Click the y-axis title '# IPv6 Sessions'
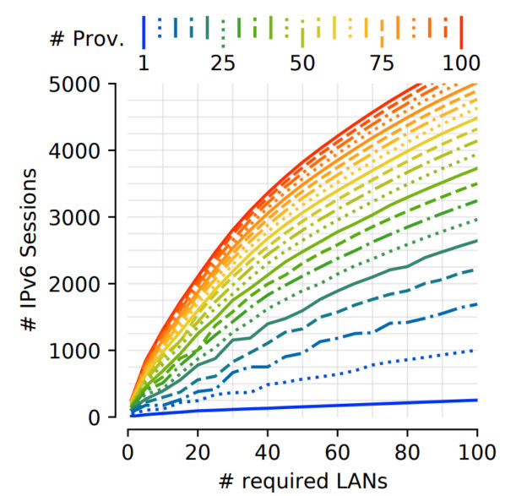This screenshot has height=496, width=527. click(x=29, y=251)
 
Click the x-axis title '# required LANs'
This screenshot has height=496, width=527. click(x=302, y=479)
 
